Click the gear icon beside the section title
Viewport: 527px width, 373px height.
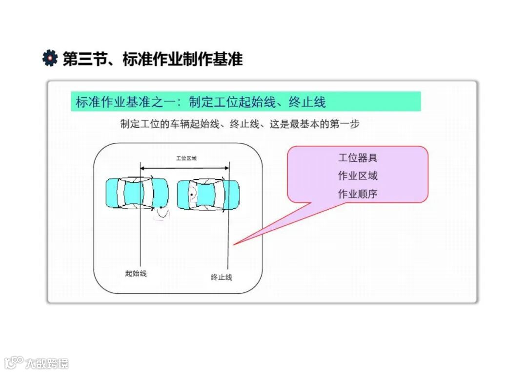click(50, 58)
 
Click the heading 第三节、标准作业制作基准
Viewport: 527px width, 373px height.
click(153, 59)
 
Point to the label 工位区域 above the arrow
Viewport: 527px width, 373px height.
click(186, 158)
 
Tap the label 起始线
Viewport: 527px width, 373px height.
click(136, 273)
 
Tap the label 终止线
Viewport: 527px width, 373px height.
click(221, 277)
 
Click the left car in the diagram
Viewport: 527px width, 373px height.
click(137, 193)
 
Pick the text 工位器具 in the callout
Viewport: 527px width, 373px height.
click(358, 158)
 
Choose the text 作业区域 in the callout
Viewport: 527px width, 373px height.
click(358, 176)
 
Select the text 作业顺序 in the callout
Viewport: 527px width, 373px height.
click(358, 194)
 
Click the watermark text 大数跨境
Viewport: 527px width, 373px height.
click(47, 363)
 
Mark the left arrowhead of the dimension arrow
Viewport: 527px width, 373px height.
click(142, 169)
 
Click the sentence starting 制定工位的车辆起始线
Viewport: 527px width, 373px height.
click(240, 124)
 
